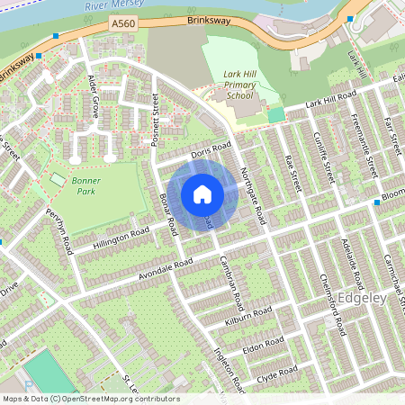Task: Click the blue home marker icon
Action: (x=202, y=194)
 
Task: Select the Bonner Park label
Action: (x=85, y=185)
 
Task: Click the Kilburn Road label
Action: (x=249, y=315)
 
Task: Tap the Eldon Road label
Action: (x=263, y=346)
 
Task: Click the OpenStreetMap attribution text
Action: (x=90, y=399)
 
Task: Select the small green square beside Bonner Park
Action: (x=58, y=180)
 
